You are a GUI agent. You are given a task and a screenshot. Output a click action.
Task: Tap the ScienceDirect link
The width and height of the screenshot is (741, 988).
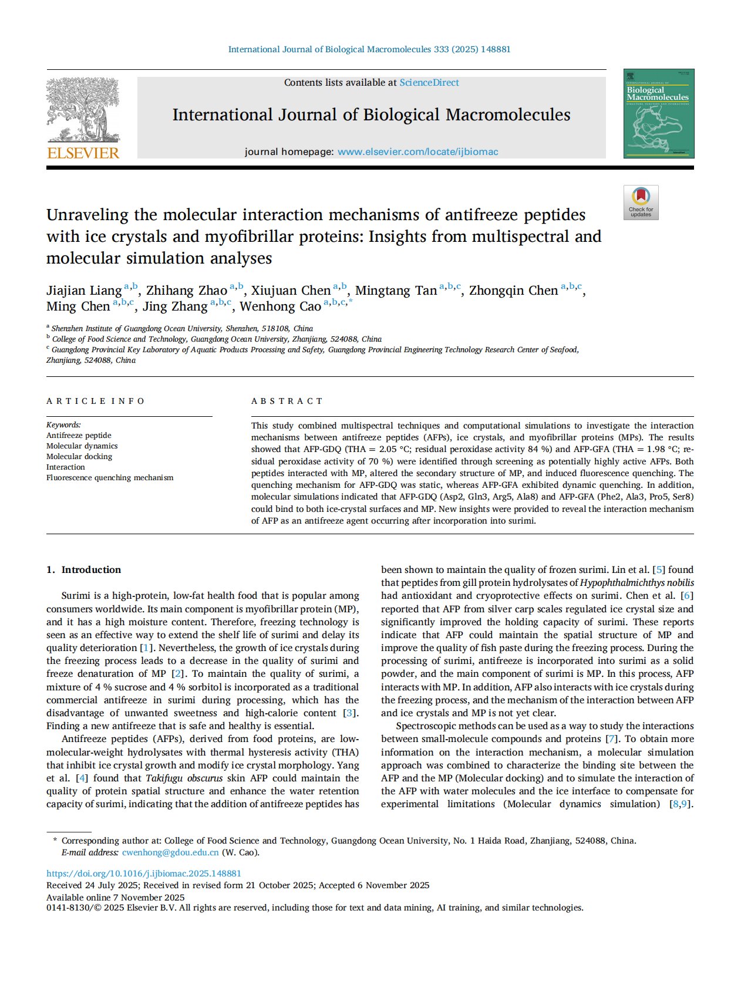click(x=429, y=83)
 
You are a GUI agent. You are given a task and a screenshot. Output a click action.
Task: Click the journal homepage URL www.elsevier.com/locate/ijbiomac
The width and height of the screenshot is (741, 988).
click(x=417, y=152)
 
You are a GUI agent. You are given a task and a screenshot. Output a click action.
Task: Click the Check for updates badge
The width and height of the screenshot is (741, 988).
click(x=641, y=203)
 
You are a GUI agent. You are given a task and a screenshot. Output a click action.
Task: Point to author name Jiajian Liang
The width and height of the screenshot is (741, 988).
click(x=84, y=291)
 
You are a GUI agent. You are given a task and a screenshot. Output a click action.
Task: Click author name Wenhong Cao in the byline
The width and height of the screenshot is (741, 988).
click(x=280, y=306)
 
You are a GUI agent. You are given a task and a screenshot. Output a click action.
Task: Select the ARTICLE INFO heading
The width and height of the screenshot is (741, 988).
click(x=96, y=402)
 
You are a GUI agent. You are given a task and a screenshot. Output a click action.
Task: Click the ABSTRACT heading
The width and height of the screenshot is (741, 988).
click(x=287, y=402)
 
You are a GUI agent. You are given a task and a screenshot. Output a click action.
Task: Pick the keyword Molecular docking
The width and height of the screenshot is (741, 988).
click(x=79, y=457)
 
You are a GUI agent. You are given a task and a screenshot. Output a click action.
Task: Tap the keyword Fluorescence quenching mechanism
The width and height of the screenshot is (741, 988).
click(x=110, y=478)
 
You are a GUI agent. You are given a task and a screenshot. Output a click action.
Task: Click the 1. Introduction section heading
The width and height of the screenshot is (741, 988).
click(x=83, y=570)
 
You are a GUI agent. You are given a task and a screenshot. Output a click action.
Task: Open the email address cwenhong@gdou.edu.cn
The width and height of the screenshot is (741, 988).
click(x=170, y=853)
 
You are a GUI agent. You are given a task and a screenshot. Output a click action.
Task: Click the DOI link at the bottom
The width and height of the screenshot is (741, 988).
click(x=144, y=874)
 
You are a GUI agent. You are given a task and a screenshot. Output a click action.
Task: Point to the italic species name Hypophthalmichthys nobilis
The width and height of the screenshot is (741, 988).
click(x=636, y=583)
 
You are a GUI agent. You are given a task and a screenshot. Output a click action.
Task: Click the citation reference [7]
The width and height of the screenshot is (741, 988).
click(x=612, y=739)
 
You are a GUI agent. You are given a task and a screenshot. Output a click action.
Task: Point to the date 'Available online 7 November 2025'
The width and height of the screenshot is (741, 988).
click(x=115, y=898)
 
